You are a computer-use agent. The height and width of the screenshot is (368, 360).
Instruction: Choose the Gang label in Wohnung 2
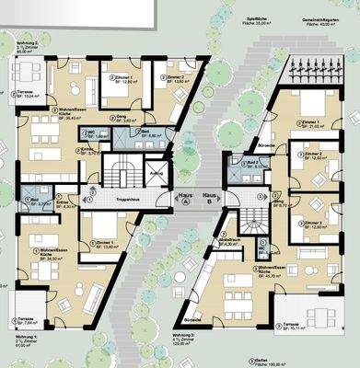pos(119,119)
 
